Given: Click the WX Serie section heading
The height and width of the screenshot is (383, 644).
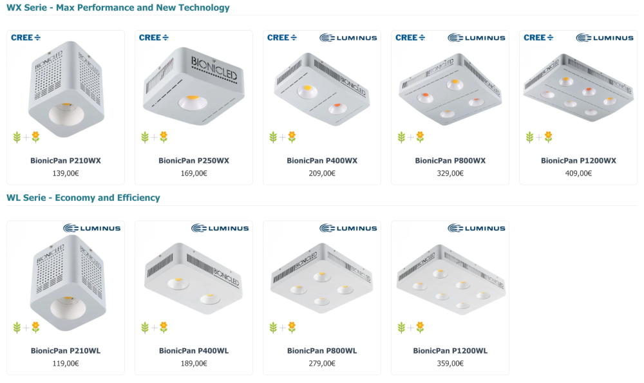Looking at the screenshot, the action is tap(118, 8).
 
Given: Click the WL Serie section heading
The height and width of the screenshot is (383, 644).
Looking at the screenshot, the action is tap(83, 198).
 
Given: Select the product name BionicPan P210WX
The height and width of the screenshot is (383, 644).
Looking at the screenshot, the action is tap(66, 160).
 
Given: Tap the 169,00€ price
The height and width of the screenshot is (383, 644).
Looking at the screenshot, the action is tap(194, 173).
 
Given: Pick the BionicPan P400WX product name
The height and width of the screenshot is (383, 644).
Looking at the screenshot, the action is tap(322, 160).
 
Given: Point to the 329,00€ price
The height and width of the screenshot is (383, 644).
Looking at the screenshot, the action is tap(450, 173).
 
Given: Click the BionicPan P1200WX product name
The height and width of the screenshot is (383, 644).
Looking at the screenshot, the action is tap(578, 160).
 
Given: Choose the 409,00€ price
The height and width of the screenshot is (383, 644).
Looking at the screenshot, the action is tap(578, 173).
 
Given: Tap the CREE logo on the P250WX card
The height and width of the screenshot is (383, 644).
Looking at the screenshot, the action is tap(154, 38).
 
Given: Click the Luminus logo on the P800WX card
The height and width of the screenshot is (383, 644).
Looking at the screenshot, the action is tap(477, 38).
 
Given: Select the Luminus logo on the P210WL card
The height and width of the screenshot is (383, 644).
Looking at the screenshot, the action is tap(92, 229).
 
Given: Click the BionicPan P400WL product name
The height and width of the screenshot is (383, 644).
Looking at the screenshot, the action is tap(194, 351).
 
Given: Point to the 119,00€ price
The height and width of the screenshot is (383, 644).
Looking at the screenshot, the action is tap(66, 363).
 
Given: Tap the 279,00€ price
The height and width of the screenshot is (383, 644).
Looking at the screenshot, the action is tap(322, 363).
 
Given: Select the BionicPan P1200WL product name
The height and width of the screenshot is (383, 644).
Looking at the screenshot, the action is tap(450, 351).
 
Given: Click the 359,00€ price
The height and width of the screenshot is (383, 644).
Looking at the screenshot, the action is tap(450, 363).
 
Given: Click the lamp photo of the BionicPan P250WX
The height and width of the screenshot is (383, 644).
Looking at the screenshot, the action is tap(193, 86).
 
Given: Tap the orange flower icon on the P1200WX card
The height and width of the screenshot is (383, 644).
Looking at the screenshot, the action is tap(548, 136).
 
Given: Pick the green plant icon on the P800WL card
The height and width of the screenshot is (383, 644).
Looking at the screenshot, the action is tap(273, 327).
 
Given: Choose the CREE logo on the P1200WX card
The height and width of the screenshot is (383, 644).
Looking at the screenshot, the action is tap(538, 38).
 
